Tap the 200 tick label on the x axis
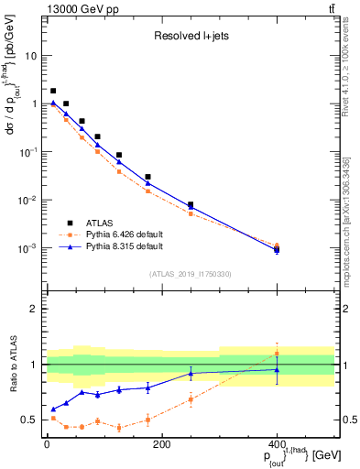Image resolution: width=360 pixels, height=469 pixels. [161, 444]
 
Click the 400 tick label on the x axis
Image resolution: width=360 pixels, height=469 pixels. [277, 444]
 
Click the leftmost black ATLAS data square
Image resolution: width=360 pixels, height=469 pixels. [53, 91]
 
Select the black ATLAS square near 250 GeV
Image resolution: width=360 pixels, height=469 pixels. [190, 204]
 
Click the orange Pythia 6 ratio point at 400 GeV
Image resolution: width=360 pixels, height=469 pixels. [277, 354]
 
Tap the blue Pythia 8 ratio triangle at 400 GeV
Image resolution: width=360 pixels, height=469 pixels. [277, 369]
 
